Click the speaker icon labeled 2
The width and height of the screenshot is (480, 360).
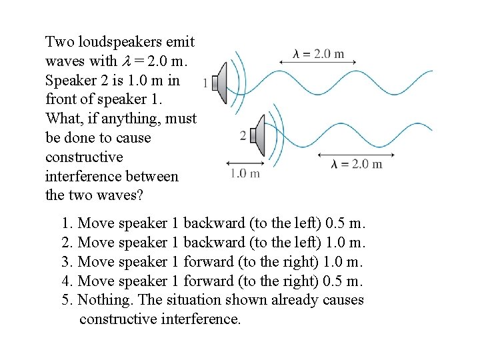(x=257, y=135)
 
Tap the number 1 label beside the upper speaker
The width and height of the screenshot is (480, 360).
(x=215, y=83)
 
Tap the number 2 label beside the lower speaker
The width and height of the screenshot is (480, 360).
(x=243, y=136)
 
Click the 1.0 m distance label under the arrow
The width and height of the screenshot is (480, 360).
(x=245, y=174)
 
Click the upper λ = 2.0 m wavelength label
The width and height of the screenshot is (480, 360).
(x=318, y=53)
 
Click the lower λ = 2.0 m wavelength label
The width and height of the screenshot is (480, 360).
(x=357, y=164)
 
